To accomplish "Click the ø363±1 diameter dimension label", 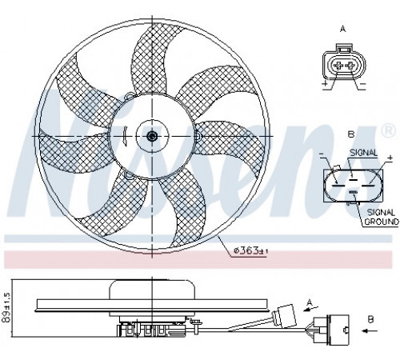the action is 250,251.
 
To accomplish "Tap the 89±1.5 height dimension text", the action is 7,306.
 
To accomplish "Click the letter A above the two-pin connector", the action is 343,29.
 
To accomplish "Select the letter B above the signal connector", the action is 351,134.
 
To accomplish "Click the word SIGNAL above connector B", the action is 364,153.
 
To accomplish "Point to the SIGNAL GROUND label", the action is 381,217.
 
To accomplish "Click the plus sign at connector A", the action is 325,83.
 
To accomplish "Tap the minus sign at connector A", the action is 363,84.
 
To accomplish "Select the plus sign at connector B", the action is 390,158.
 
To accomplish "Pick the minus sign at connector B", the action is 322,154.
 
